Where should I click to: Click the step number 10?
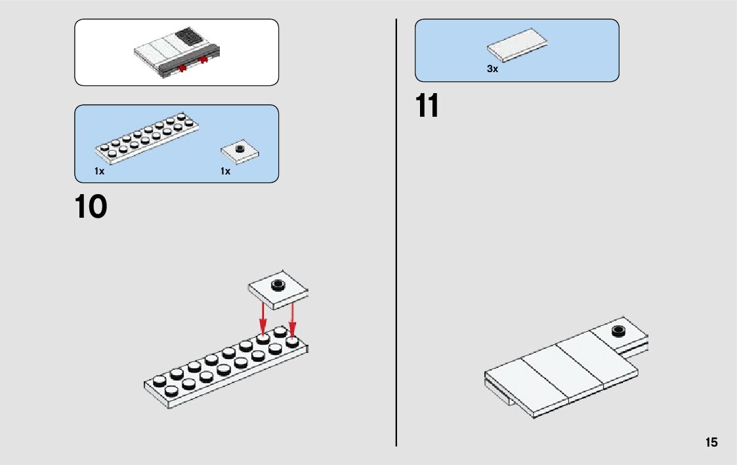(91, 207)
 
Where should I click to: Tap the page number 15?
(711, 443)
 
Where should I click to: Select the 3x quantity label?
(492, 69)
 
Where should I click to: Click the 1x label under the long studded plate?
(99, 171)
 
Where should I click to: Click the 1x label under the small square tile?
(225, 171)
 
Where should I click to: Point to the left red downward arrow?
(263, 318)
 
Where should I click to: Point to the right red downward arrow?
(293, 318)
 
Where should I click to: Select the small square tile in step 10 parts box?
(240, 152)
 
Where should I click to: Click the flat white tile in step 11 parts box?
(517, 48)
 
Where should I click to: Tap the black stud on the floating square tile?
(279, 284)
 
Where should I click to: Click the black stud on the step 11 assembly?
(618, 331)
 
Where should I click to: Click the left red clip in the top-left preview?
(182, 68)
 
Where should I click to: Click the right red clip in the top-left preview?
(203, 61)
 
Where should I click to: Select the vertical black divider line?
(396, 230)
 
